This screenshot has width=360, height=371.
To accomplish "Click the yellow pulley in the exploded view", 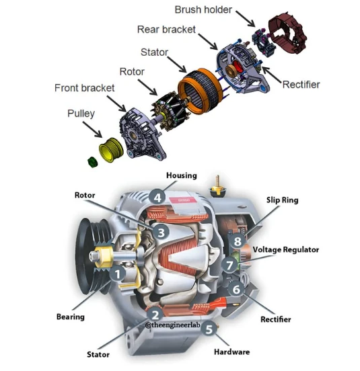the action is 111,150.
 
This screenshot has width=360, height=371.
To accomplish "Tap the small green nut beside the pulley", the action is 92,162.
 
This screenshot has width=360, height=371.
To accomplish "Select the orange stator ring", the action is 201,91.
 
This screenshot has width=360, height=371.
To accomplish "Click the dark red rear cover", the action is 287,33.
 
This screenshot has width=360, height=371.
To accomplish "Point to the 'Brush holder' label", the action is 203,9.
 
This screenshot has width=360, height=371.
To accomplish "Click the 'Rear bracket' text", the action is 166,30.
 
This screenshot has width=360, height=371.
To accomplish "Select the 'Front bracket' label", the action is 84,88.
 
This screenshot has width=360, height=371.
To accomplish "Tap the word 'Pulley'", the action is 81,114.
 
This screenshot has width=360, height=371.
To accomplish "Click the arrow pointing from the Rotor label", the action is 147,87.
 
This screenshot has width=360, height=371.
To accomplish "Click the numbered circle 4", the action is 157,198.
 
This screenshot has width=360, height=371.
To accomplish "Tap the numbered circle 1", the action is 118,274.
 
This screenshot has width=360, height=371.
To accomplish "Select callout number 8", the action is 238,241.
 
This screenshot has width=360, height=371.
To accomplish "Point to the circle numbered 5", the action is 209,329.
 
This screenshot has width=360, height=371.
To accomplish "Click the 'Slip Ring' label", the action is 283,200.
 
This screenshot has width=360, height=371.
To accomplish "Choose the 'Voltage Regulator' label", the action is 286,249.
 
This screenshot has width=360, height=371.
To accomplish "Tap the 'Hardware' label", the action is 232,352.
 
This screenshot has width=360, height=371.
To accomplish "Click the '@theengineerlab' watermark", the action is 173,325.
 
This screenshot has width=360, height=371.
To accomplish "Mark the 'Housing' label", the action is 182,175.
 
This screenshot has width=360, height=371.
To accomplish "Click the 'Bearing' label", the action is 71,317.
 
